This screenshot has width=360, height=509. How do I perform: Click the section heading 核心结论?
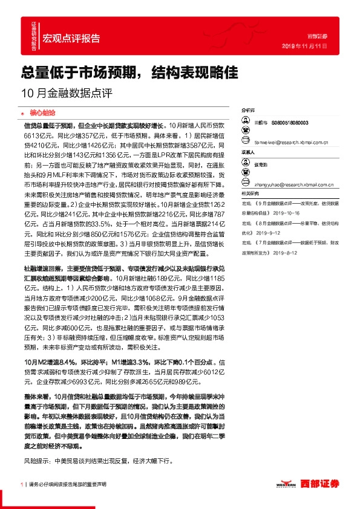tap(42, 112)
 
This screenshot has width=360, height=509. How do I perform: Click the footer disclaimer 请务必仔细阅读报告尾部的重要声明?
tap(67, 485)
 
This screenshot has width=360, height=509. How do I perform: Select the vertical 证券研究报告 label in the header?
tap(34, 36)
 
